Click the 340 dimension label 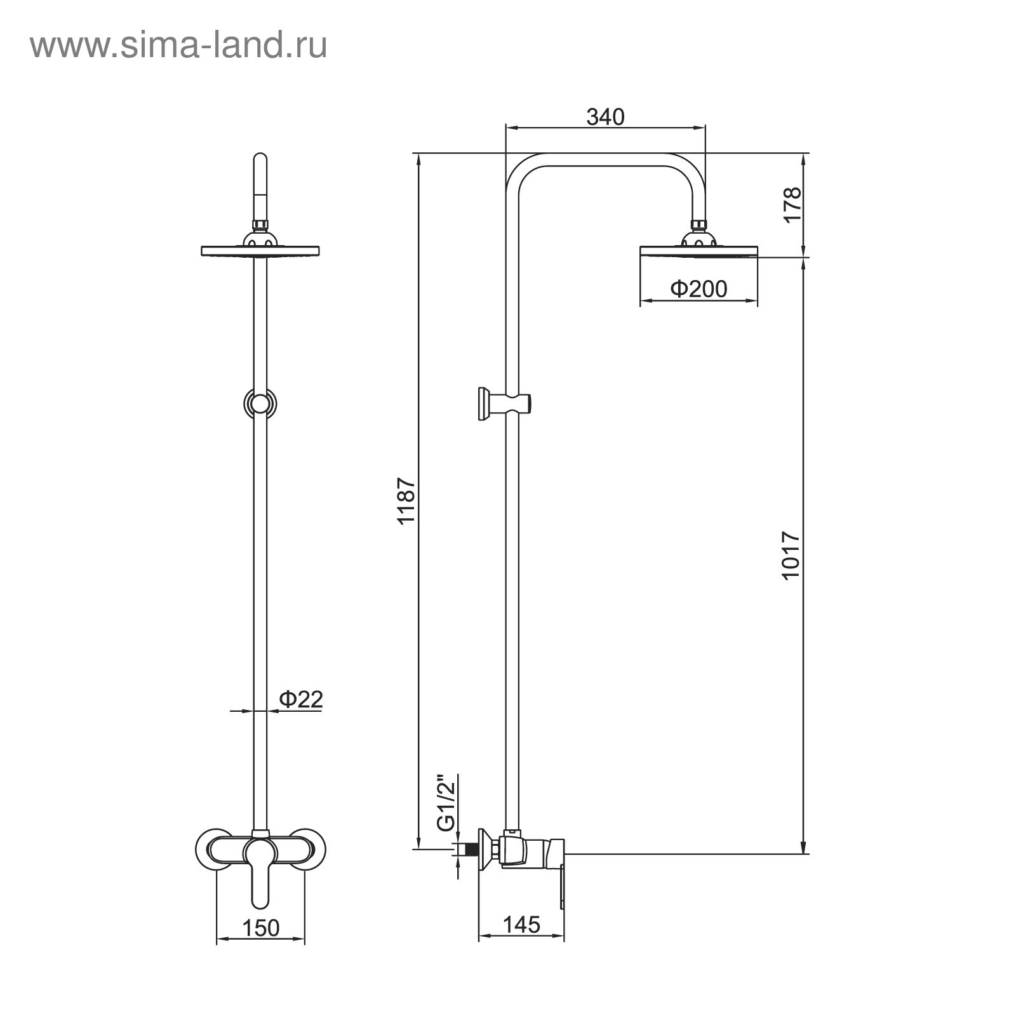[x=605, y=117]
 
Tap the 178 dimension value [x=792, y=204]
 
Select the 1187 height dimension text [x=406, y=501]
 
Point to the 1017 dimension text [x=792, y=555]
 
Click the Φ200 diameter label [x=698, y=289]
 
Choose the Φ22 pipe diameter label [x=301, y=699]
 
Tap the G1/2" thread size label [x=447, y=803]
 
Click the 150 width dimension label [x=260, y=928]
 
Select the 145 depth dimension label [x=521, y=925]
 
